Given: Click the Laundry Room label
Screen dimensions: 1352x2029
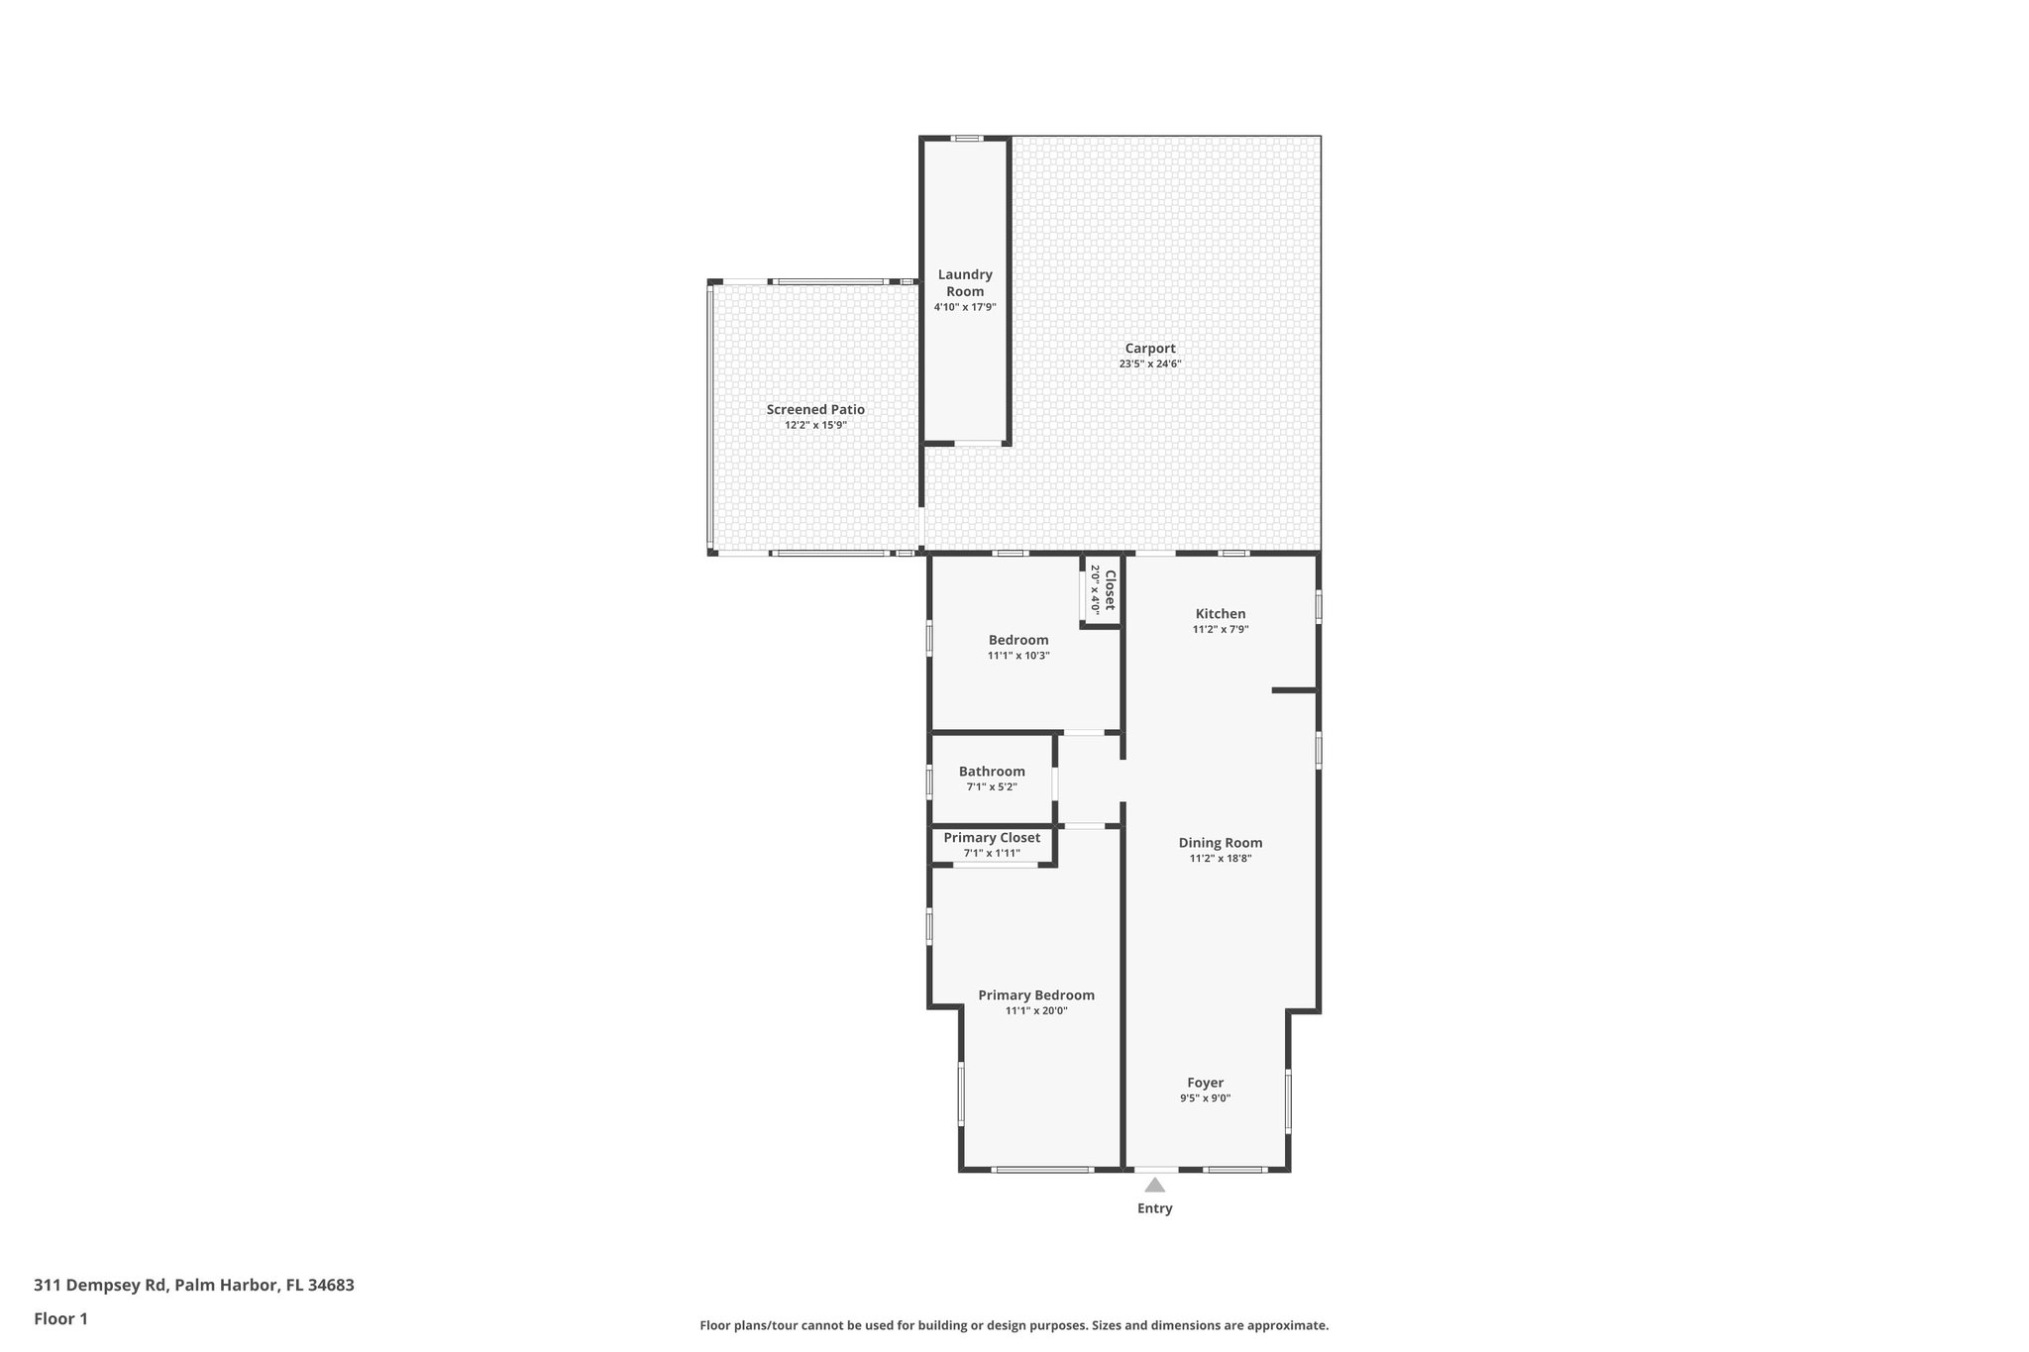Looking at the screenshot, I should [964, 282].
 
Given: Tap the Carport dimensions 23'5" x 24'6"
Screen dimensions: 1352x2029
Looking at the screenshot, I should [1149, 364].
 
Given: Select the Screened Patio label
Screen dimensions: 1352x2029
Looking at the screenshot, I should [815, 409].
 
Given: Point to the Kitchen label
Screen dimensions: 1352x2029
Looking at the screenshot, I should [1220, 613].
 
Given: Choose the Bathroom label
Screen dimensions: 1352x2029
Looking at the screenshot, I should [992, 772].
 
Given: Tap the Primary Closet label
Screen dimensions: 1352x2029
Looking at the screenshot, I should [992, 838].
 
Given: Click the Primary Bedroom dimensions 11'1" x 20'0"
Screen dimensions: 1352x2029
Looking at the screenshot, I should [1036, 1011].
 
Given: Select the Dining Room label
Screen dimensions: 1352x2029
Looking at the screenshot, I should [1220, 843].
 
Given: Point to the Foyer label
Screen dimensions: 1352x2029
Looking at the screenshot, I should [1205, 1083].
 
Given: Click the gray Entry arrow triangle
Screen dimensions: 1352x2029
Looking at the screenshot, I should [1154, 1186].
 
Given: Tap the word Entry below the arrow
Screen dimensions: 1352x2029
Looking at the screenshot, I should [1154, 1208].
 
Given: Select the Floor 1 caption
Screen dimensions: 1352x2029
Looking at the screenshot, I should [60, 1319].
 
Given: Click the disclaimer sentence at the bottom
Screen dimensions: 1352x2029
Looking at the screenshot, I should [1014, 1325].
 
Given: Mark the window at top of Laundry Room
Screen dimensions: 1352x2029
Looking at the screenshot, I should [966, 139].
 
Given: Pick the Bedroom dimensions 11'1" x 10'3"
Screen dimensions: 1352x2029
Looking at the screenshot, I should [1018, 656].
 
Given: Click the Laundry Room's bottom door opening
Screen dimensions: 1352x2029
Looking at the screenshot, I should [977, 444].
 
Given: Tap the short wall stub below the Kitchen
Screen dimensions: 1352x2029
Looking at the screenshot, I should [1293, 689].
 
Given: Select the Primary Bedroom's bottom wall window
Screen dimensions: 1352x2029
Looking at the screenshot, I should [1042, 1170].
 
